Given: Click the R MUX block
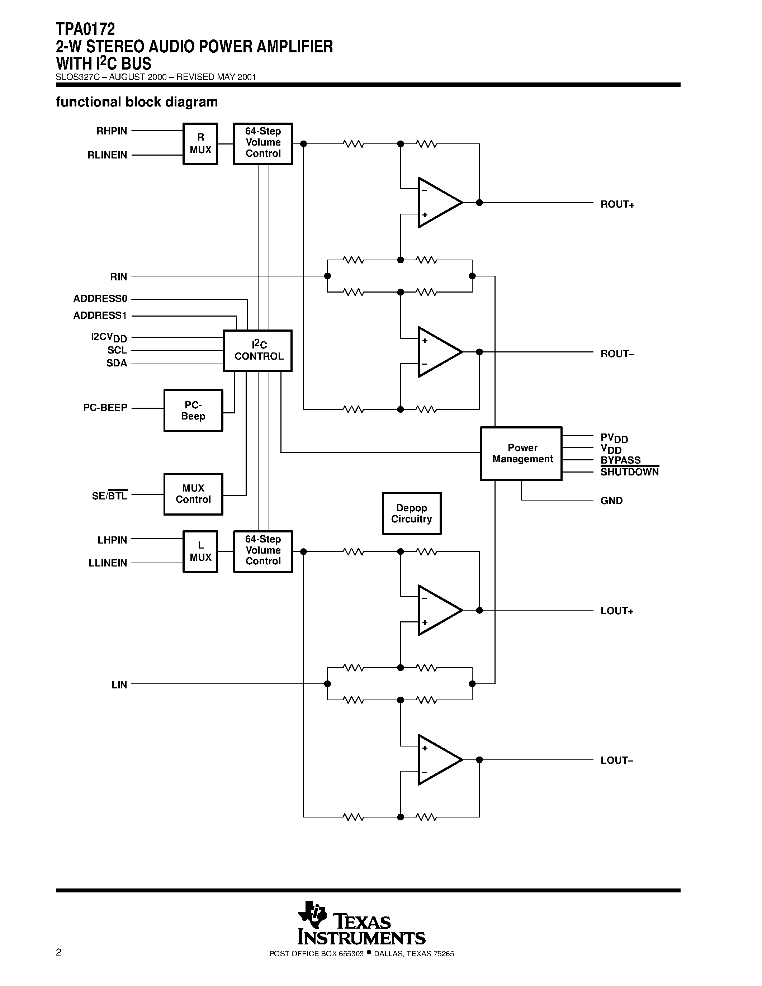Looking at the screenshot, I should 200,143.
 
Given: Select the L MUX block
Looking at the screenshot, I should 200,551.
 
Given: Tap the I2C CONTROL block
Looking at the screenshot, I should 258,351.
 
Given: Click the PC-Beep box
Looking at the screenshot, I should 193,411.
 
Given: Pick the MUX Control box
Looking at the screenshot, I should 193,494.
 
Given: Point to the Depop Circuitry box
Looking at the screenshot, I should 411,513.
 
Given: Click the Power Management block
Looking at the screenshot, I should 521,453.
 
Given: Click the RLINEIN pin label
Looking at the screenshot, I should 108,155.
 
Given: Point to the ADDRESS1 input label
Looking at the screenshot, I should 100,316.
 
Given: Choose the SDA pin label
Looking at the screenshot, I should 117,364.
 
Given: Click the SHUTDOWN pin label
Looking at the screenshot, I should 629,472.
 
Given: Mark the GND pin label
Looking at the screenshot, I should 611,501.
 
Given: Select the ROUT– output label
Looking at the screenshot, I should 617,354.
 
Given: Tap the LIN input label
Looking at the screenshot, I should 119,685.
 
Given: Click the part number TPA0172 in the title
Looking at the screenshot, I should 85,29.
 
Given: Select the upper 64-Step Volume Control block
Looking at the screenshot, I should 263,143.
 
